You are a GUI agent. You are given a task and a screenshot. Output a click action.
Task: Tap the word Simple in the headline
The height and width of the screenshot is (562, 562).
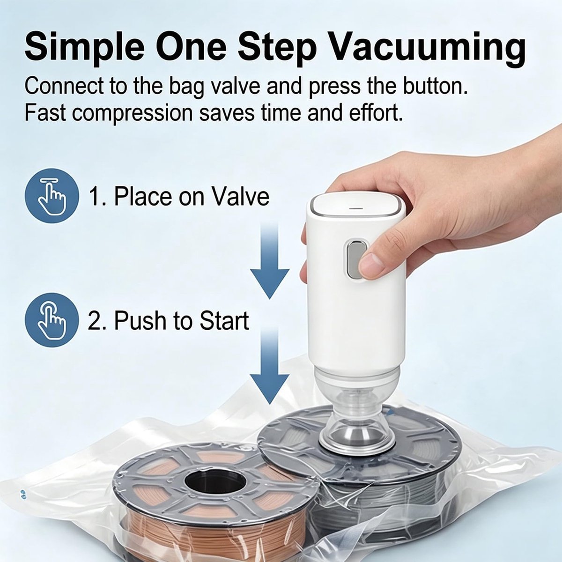[x=85, y=48]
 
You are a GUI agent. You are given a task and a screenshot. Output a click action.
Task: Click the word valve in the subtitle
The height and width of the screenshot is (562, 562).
[x=233, y=86]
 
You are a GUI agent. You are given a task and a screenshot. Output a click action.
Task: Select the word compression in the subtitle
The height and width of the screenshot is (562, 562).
[x=133, y=114]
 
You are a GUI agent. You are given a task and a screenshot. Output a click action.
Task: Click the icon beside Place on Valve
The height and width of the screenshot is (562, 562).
[x=52, y=195]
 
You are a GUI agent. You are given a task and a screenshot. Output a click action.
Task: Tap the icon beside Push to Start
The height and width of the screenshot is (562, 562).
[x=52, y=320]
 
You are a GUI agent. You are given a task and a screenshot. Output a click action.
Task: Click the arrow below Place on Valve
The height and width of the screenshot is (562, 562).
[x=269, y=260]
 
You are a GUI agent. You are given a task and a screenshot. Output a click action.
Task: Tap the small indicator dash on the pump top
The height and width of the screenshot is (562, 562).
[x=356, y=209]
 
